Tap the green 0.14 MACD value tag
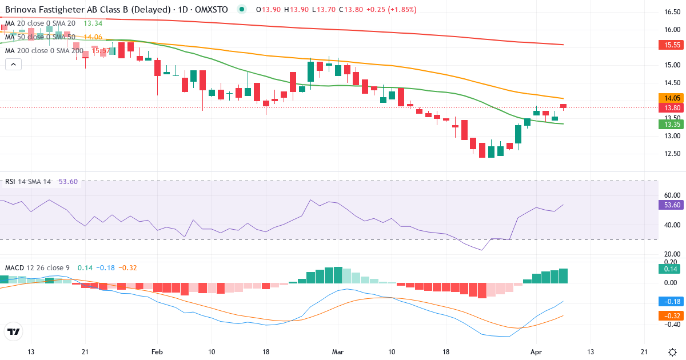click(669, 269)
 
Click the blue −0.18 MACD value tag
click(669, 301)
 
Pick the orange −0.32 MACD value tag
click(669, 315)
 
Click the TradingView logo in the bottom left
click(14, 331)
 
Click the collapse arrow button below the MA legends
click(13, 65)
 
